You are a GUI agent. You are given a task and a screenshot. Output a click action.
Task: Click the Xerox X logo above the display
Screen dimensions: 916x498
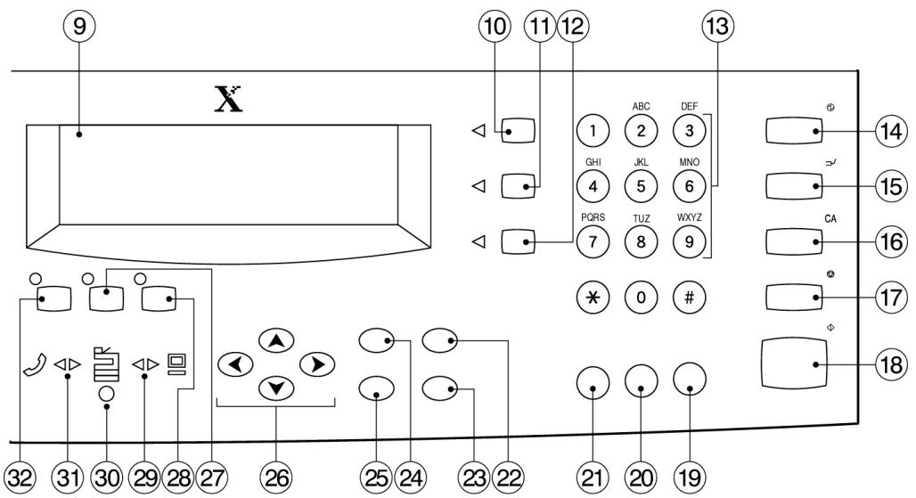click(228, 99)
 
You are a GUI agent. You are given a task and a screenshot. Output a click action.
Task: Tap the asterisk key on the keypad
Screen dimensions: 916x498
click(593, 298)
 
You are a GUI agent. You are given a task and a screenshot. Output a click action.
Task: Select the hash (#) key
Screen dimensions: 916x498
click(690, 298)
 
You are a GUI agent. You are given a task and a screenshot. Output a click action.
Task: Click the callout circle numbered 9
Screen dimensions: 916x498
click(79, 26)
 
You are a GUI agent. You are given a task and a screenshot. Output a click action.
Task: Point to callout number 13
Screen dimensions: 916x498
click(717, 26)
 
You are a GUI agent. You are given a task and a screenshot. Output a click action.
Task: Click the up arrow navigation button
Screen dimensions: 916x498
click(276, 341)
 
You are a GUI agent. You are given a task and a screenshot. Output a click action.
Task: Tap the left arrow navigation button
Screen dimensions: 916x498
click(235, 365)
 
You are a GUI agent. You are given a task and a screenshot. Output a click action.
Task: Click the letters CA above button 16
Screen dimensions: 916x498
click(830, 219)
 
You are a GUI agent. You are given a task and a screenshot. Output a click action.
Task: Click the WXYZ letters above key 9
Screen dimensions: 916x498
click(690, 217)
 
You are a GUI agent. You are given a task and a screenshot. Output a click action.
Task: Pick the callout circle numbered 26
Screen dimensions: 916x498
click(277, 478)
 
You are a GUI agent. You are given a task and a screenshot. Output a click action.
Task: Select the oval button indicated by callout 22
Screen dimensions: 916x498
click(440, 339)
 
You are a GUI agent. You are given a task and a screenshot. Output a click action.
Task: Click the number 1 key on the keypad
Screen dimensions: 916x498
click(593, 131)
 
